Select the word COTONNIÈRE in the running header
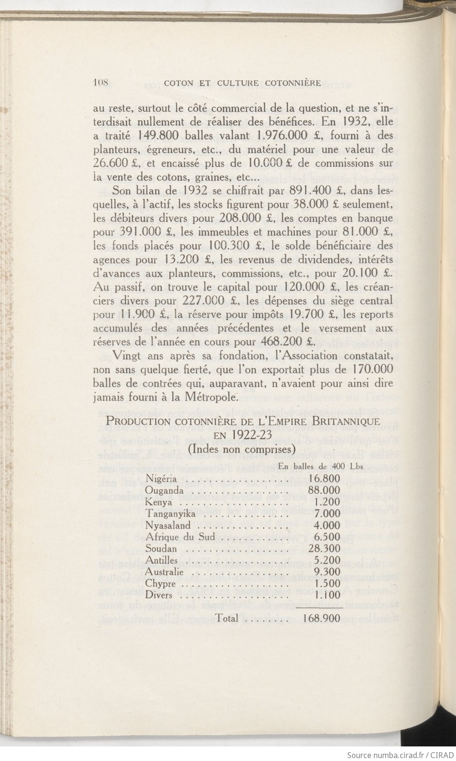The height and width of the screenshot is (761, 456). pos(293,83)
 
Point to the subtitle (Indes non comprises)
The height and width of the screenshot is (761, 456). pos(241,449)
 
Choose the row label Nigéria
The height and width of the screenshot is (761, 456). pos(161,479)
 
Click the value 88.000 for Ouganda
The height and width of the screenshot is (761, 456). pos(324,490)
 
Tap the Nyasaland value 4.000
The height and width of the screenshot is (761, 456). pos(327,525)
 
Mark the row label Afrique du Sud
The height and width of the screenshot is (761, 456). pos(180,537)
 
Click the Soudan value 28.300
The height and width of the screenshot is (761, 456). pos(324,549)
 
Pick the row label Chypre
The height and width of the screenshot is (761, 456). pos(160,584)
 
